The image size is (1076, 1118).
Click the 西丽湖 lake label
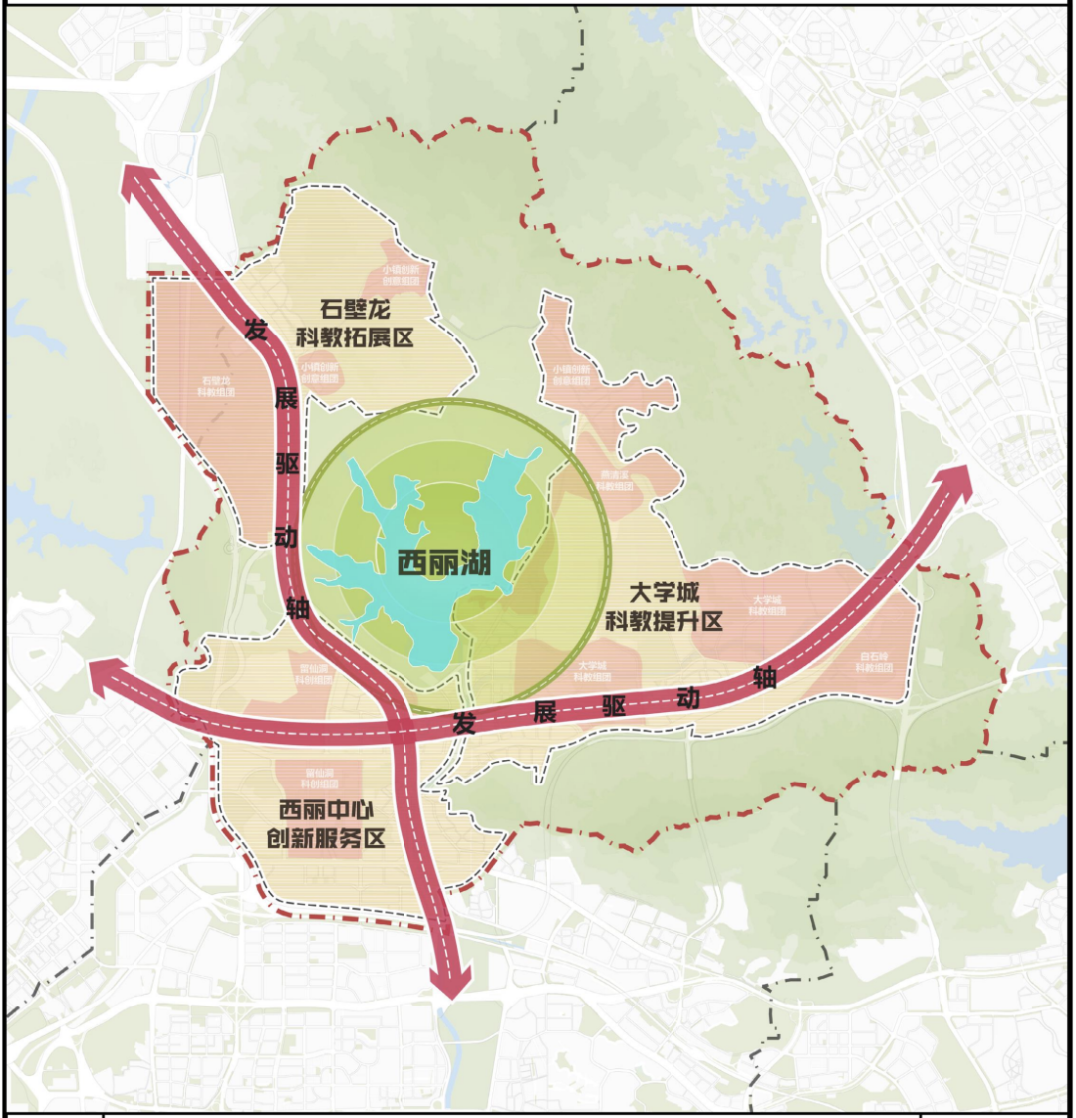pos(444,562)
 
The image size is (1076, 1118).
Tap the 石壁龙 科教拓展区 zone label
pos(355,323)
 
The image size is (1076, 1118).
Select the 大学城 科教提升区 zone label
pos(664,607)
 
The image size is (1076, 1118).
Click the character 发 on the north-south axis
pos(256,330)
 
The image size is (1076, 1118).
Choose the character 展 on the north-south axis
pos(285,399)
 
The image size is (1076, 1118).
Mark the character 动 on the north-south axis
pos(286,537)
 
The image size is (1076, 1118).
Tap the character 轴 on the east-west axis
pos(764,678)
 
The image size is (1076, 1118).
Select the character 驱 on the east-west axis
pos(614,704)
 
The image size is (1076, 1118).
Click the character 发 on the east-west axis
pos(464,724)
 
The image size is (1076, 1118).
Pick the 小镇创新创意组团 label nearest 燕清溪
pos(570,374)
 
